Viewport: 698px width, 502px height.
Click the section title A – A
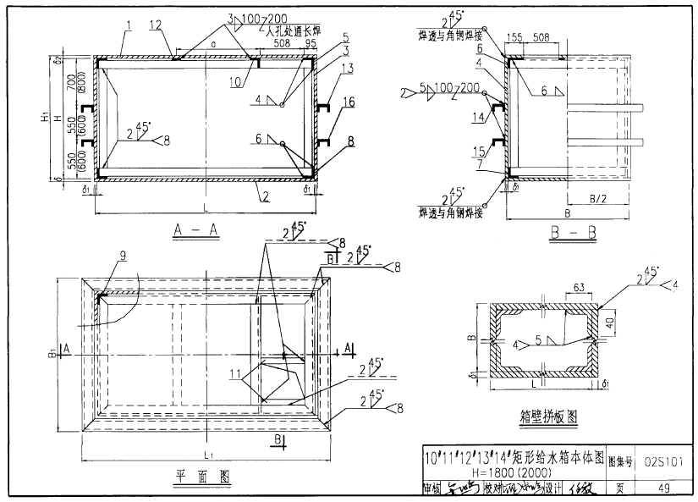tap(195, 229)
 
